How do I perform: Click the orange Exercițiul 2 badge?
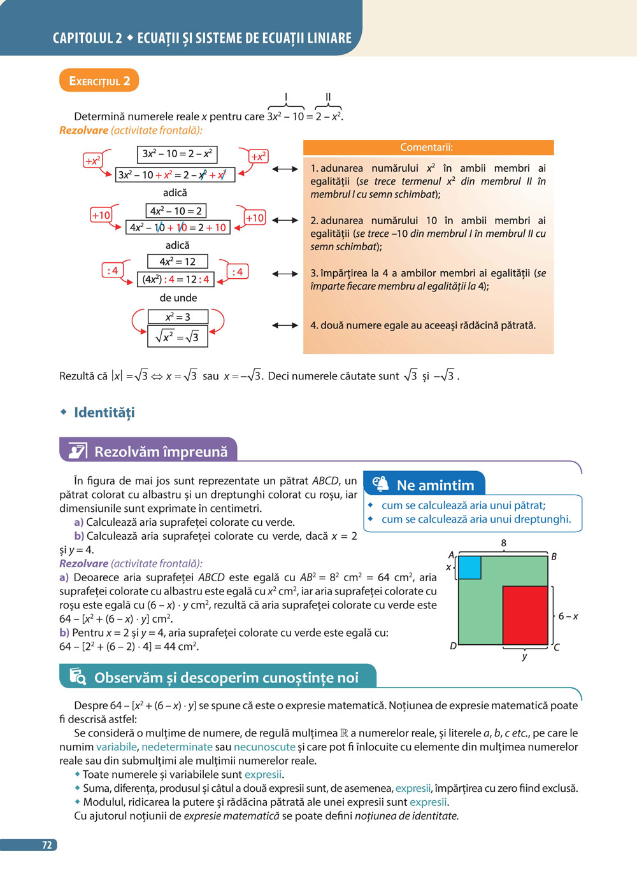pos(99,81)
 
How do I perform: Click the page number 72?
pos(47,845)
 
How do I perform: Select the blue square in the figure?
pos(469,567)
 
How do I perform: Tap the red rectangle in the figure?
pos(525,615)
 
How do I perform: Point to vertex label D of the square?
pos(453,646)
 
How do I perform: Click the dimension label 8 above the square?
pos(503,543)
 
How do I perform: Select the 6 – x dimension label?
pos(568,616)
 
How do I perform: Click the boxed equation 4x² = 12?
pos(177,262)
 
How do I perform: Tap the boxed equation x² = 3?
pos(178,317)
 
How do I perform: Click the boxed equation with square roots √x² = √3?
pos(177,336)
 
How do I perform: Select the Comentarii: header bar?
pos(428,148)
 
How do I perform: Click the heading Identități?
pos(104,412)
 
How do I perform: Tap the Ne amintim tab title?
pos(435,486)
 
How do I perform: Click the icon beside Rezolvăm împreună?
pos(77,451)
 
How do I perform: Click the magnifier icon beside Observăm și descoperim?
pos(77,677)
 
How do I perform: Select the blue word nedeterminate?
pos(176,747)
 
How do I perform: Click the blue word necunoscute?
pos(264,747)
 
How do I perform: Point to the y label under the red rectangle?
pos(524,656)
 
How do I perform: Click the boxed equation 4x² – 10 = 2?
pos(176,211)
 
